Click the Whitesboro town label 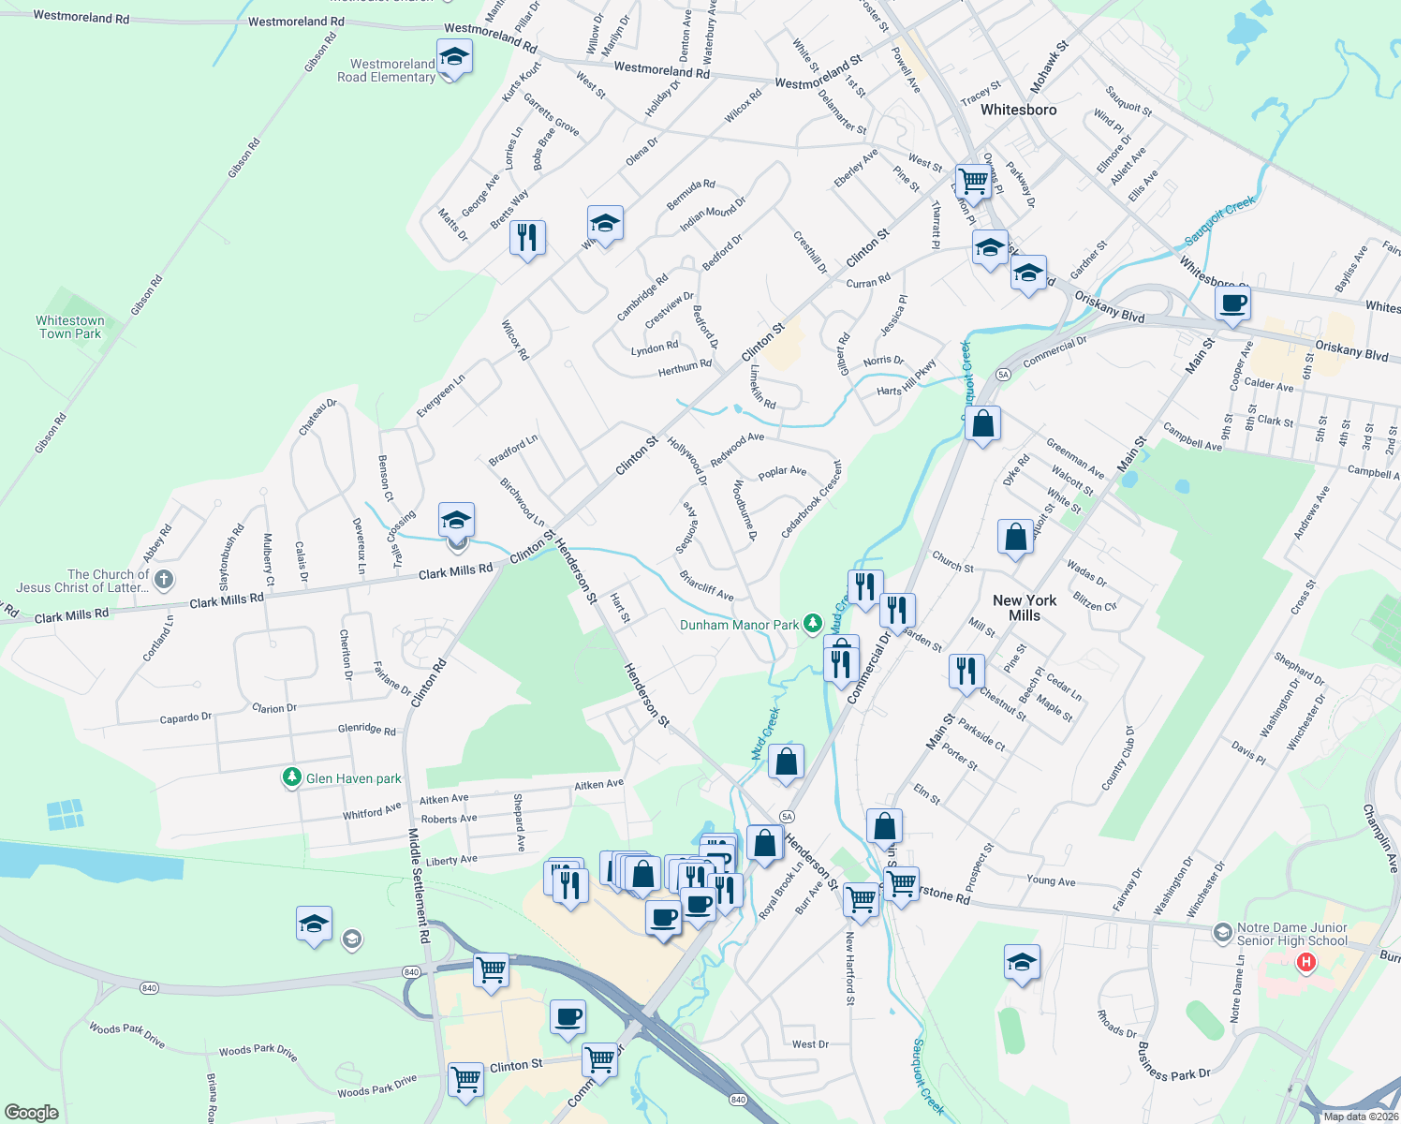[1018, 110]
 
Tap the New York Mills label [1025, 608]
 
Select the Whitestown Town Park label [70, 327]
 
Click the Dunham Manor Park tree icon [813, 623]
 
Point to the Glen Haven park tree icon [292, 777]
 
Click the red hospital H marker [1305, 962]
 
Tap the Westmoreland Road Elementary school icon [454, 57]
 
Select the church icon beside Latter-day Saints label [163, 580]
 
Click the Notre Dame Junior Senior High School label [1291, 934]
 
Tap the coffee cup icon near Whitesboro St [1232, 303]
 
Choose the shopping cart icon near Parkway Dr [973, 181]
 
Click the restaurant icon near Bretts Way [528, 237]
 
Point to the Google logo [32, 1112]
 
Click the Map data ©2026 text [1361, 1117]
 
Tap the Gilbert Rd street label [843, 354]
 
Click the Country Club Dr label [1118, 759]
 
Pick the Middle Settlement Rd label [419, 885]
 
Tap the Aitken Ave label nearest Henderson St [598, 785]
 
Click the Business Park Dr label [1173, 1061]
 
